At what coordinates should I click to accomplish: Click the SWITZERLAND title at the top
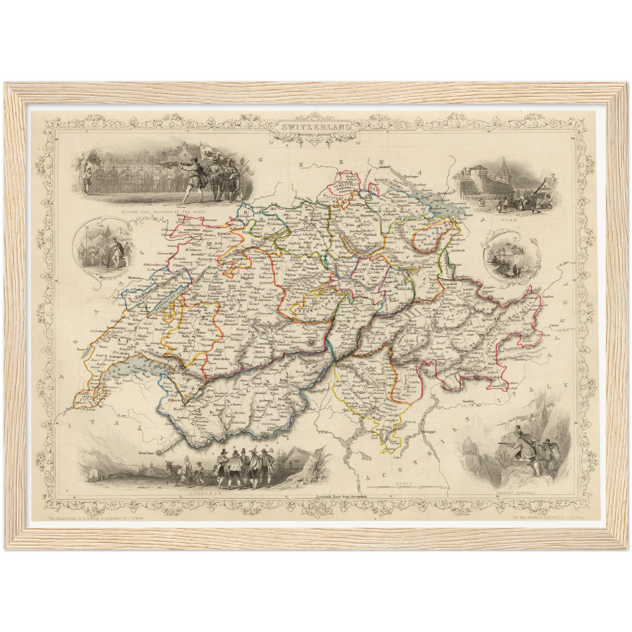316,127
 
